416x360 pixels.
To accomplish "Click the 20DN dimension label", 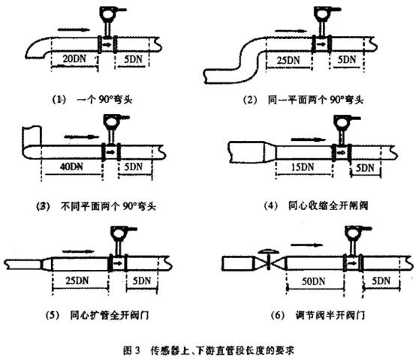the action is click(x=74, y=58).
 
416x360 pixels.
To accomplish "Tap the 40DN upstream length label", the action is click(x=71, y=166).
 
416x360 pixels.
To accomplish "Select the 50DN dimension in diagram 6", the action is click(x=313, y=281).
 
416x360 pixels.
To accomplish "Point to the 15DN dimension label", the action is click(x=303, y=167).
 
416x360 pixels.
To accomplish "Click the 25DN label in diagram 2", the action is click(x=288, y=61).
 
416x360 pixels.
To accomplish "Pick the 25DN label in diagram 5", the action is click(x=77, y=280).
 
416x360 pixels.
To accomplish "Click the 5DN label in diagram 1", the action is click(x=133, y=59).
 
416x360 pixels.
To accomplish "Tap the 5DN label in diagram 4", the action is click(x=365, y=168).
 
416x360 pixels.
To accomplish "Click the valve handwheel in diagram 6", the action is click(x=269, y=251).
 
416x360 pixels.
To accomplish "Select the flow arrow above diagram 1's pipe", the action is click(x=74, y=28).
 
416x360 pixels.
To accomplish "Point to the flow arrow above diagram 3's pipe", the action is click(x=81, y=136).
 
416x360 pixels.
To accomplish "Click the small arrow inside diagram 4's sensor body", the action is click(x=341, y=152).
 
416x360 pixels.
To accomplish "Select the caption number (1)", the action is click(x=58, y=100).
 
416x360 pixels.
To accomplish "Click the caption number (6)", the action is click(x=278, y=315).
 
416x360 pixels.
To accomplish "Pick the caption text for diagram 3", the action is click(x=108, y=206).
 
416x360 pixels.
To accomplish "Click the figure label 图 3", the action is click(x=131, y=350).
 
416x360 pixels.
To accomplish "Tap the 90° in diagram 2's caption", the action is click(x=337, y=100).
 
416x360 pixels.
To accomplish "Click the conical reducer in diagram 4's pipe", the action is click(x=270, y=152).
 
